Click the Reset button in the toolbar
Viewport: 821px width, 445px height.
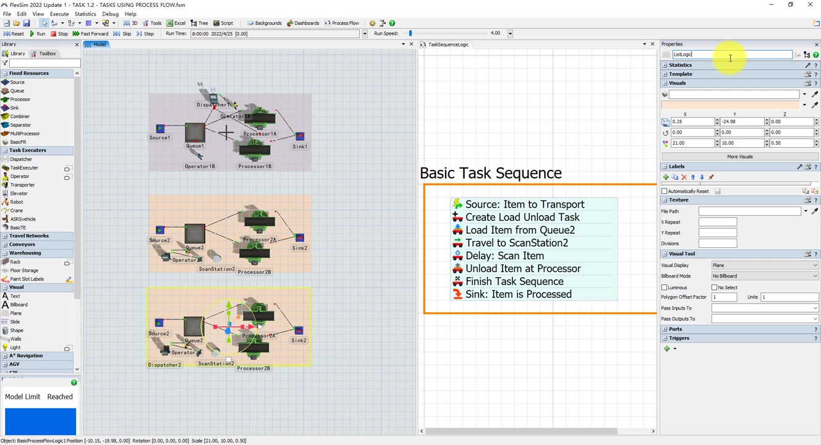point(14,34)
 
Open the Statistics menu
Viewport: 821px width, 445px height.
point(85,14)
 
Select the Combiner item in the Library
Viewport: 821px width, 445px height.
point(19,116)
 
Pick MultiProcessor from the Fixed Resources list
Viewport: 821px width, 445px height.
point(25,133)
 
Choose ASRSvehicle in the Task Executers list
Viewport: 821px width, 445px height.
point(22,219)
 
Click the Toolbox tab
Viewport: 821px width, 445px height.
point(44,54)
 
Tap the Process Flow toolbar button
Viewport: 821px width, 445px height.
point(342,23)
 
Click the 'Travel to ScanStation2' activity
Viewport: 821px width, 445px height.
point(517,243)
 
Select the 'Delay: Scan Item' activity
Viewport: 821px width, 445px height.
point(504,256)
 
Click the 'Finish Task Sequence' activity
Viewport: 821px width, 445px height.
point(514,281)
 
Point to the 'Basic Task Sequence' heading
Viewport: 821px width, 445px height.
point(491,173)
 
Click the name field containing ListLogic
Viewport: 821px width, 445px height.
point(731,54)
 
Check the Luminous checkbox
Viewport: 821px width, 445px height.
point(665,287)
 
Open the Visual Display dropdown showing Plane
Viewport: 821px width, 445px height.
point(764,265)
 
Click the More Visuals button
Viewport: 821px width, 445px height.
point(739,156)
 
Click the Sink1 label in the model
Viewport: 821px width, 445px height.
point(300,146)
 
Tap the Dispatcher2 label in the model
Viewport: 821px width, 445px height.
point(164,365)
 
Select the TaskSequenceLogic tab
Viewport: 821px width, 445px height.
point(448,44)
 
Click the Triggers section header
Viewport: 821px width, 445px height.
point(679,338)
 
